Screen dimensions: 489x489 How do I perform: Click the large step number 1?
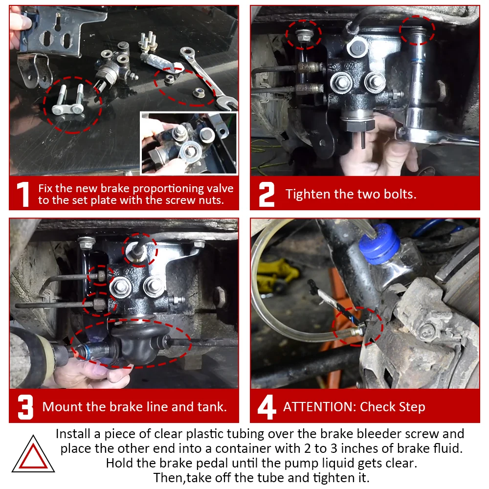tap(23, 195)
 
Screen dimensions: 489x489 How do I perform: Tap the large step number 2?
tap(267, 195)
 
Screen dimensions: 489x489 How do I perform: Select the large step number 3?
tap(25, 407)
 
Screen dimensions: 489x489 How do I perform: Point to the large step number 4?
tap(267, 407)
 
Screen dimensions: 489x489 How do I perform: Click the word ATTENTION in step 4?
tap(319, 407)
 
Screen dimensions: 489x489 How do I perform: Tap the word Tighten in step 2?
tap(308, 195)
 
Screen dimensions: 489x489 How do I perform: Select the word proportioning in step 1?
tap(164, 189)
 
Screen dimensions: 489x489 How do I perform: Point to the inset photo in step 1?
tap(189, 143)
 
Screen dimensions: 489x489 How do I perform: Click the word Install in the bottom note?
tap(75, 434)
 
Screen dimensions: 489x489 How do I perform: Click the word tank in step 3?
tap(212, 407)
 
